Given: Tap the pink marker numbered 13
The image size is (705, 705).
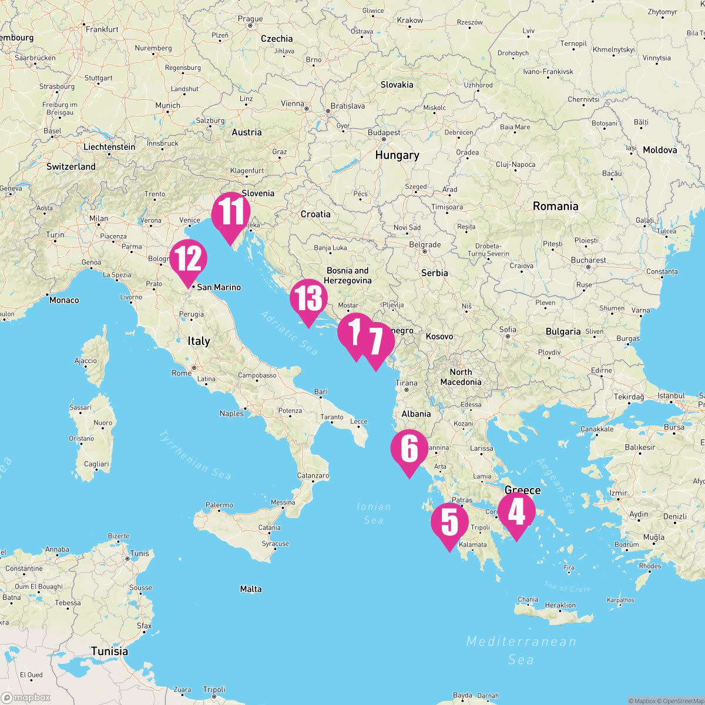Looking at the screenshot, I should [308, 298].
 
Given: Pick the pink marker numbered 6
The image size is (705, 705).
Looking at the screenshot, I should [409, 449].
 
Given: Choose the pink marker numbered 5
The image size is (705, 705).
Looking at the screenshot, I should [449, 522].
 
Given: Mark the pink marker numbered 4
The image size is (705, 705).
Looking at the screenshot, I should [516, 511].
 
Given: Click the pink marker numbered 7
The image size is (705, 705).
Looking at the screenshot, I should [376, 342].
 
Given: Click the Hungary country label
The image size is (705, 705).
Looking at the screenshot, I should [397, 155].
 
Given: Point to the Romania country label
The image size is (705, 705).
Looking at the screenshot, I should [555, 206].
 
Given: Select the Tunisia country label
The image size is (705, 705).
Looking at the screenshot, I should [109, 651].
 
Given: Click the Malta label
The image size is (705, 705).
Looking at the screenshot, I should [251, 589].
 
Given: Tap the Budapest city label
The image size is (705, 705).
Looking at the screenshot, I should [384, 133].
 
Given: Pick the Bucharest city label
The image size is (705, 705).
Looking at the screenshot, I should [588, 260].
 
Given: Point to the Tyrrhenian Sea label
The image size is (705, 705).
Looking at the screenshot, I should [194, 455].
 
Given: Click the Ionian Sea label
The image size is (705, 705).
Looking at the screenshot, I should [374, 513].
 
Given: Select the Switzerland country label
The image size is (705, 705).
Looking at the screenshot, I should [70, 166].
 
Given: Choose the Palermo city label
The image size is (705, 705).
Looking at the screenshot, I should [219, 505].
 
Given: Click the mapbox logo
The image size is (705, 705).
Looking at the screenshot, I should [26, 697].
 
